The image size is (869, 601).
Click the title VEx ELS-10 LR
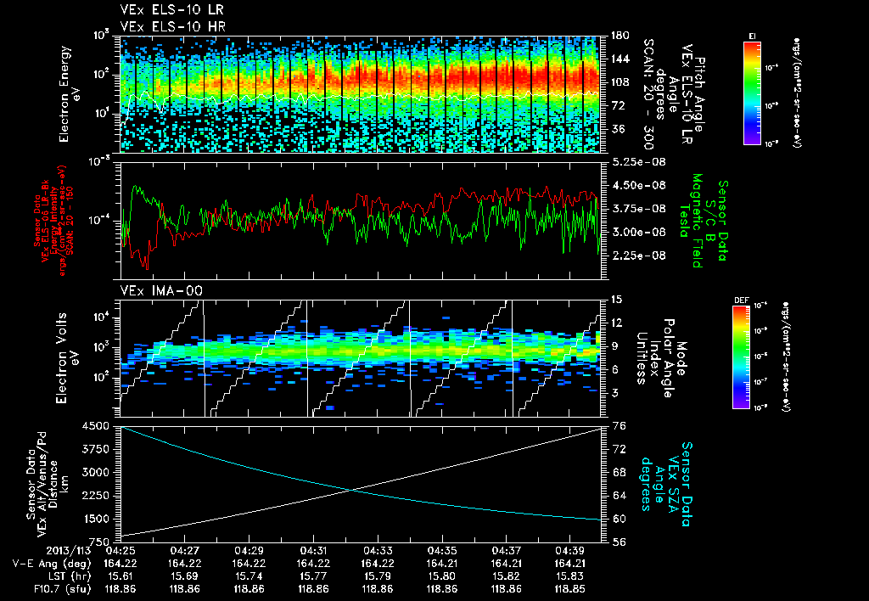tap(165, 11)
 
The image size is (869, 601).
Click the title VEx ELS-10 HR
tap(165, 26)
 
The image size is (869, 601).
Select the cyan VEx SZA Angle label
tap(670, 475)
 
